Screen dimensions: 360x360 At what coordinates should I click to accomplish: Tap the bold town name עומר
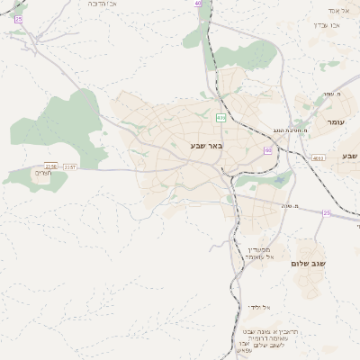[336, 121]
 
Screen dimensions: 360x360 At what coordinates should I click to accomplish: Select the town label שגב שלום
[307, 263]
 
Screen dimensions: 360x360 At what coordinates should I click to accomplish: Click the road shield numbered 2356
[51, 166]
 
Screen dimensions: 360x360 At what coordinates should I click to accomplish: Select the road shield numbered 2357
[70, 167]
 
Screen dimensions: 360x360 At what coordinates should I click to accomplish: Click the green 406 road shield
[220, 117]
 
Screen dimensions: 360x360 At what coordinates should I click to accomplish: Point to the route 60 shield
[267, 150]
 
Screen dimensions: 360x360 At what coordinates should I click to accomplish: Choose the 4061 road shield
[318, 157]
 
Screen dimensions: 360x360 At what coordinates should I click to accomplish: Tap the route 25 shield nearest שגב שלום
[326, 213]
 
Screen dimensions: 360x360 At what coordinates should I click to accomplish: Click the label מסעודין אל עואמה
[262, 253]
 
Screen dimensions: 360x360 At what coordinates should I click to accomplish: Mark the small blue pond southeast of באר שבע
[280, 182]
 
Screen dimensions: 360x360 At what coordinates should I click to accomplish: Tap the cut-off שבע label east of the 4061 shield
[350, 157]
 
